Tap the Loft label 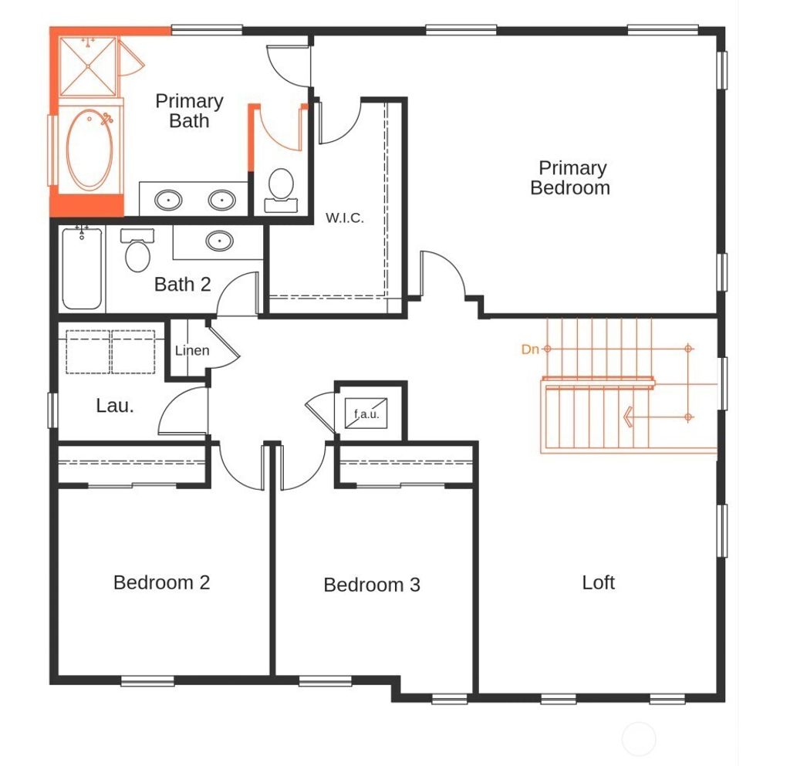(x=598, y=582)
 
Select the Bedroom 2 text (x=161, y=582)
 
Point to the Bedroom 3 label (x=372, y=585)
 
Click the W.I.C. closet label (x=344, y=218)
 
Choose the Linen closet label (x=192, y=351)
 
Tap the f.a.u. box (x=366, y=413)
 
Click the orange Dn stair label (x=530, y=349)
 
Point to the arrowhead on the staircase (x=629, y=417)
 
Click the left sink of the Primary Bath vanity (x=169, y=201)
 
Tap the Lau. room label (x=115, y=406)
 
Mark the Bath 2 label (x=182, y=285)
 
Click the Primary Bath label (x=189, y=110)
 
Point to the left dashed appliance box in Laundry (x=89, y=353)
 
